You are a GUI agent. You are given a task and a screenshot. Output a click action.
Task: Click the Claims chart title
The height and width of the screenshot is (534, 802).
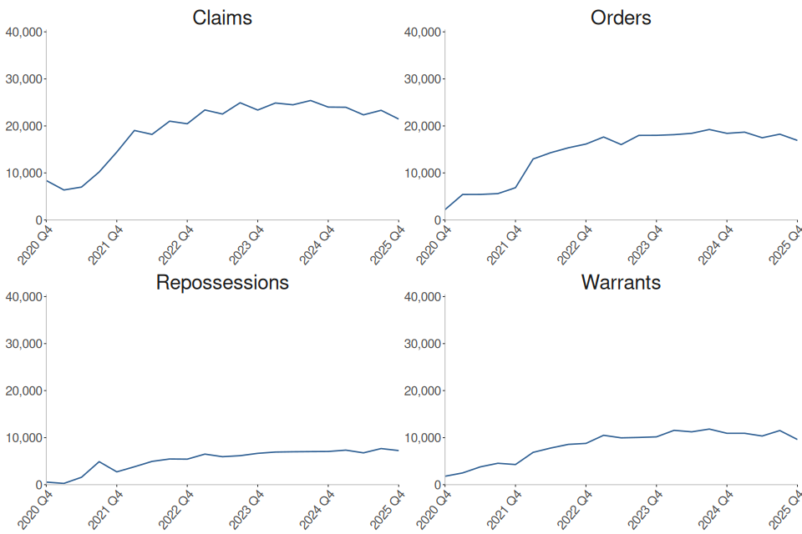click(x=221, y=18)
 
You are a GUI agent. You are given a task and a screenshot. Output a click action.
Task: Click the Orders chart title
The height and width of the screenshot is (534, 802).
click(x=621, y=18)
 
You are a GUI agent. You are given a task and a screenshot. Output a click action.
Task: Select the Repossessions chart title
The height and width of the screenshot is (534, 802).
click(x=222, y=282)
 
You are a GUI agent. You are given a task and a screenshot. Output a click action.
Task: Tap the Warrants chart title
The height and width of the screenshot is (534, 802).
click(x=621, y=282)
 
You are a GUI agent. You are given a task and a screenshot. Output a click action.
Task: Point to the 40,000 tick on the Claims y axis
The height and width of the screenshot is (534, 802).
click(x=24, y=33)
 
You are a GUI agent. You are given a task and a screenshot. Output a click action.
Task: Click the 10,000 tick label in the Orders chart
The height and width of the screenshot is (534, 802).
click(x=424, y=174)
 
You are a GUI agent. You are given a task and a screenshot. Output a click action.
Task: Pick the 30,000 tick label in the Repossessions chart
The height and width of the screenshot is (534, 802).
click(x=24, y=344)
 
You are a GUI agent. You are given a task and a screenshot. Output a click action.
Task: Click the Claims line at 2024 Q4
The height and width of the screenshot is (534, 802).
click(x=328, y=107)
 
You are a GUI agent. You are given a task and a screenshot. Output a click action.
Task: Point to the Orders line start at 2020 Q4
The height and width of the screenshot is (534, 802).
click(x=446, y=209)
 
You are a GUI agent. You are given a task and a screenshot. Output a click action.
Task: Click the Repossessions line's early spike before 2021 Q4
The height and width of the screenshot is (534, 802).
click(x=99, y=461)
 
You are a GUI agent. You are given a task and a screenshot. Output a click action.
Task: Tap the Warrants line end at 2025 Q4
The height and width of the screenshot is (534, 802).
click(x=797, y=439)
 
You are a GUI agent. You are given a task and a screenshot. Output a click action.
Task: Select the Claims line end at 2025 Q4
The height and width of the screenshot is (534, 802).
click(x=398, y=119)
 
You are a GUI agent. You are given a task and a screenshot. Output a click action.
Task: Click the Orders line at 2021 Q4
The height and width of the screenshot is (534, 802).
click(x=515, y=187)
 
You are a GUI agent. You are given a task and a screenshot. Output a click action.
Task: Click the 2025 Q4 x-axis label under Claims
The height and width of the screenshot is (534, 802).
click(x=387, y=244)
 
